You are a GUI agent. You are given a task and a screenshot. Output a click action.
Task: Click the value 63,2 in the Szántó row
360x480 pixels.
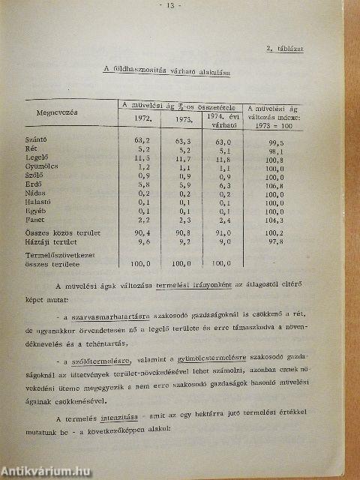[x=142, y=139]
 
